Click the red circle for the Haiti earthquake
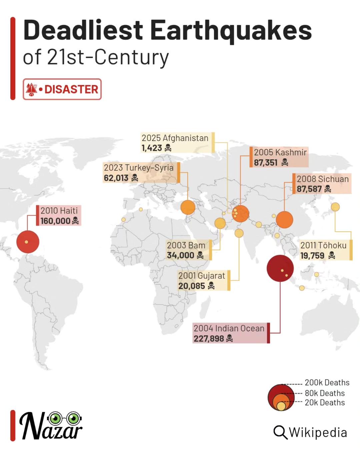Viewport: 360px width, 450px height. pos(28,242)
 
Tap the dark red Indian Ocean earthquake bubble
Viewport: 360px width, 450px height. pos(280,268)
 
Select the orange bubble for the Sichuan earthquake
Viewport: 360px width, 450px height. pos(284,220)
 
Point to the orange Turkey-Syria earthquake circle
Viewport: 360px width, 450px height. pos(188,207)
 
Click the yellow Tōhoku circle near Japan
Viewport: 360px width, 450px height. pos(335,207)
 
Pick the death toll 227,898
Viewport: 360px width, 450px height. pos(209,339)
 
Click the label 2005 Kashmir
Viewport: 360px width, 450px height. pos(280,152)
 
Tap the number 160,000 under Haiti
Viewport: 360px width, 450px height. pos(55,221)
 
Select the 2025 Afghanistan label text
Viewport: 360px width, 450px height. pos(175,138)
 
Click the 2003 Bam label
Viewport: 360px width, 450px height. pos(186,245)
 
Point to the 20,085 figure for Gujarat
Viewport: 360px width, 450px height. pos(192,286)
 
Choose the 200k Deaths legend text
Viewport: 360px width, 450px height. pos(327,383)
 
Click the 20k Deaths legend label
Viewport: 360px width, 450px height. pos(325,403)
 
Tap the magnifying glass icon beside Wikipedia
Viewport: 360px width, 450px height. pos(280,432)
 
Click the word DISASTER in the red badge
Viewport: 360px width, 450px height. pos(71,89)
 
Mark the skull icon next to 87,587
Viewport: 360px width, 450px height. pos(328,189)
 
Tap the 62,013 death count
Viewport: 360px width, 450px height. pos(116,178)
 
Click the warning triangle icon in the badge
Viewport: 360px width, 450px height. pos(32,89)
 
